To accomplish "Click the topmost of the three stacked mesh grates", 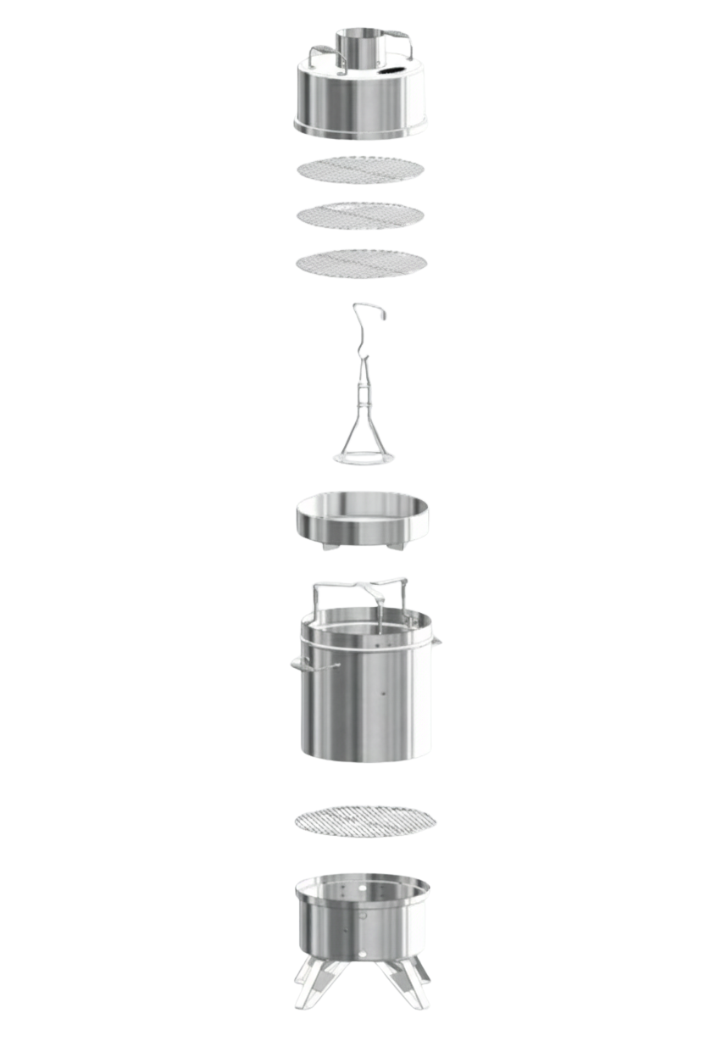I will pyautogui.click(x=361, y=169).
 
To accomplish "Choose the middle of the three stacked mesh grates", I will pyautogui.click(x=361, y=215).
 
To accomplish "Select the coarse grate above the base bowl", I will pyautogui.click(x=365, y=821).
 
